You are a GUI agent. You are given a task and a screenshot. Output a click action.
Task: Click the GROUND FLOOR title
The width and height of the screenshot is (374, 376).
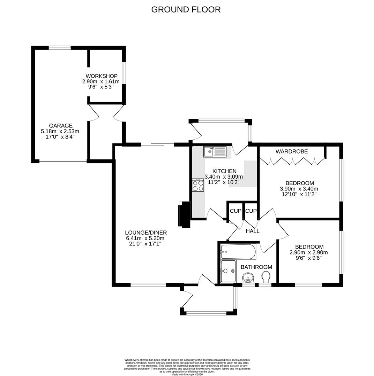186,9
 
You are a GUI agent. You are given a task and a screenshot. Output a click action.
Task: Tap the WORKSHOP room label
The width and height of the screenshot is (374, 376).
102,76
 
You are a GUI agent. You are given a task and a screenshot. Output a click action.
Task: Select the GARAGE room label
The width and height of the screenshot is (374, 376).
61,126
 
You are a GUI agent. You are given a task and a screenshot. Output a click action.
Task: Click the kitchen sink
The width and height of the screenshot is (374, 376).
215,152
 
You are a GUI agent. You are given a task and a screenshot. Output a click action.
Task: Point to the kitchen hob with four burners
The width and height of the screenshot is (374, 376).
198,185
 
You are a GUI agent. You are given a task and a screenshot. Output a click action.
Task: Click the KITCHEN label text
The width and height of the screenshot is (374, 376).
224,171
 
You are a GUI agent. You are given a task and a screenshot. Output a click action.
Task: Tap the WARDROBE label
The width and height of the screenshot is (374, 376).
292,151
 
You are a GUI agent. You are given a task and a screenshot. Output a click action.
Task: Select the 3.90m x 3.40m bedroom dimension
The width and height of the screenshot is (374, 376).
299,189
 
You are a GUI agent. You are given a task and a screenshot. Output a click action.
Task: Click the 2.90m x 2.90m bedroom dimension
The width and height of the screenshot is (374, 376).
309,252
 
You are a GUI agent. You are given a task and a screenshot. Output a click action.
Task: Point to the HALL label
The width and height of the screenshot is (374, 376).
253,231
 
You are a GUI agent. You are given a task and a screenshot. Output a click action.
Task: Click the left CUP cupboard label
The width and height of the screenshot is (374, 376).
235,211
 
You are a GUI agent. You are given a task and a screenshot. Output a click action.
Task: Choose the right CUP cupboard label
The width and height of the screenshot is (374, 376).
251,211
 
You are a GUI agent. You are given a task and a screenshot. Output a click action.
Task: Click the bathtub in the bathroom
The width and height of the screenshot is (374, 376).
238,251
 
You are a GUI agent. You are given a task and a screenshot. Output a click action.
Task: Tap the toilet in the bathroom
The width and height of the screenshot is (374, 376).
265,277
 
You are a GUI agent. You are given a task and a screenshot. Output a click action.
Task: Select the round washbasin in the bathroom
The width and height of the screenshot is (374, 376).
248,278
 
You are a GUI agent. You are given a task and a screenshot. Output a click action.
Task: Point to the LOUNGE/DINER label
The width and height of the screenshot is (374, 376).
146,233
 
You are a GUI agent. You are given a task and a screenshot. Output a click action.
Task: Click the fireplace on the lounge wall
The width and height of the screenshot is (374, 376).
184,215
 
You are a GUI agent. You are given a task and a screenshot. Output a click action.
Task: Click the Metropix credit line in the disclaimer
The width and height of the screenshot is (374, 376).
187,374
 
